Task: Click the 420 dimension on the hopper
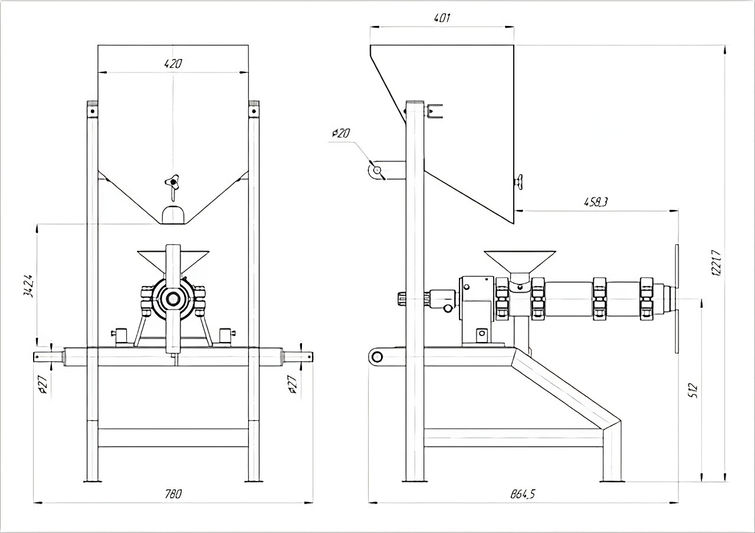(x=173, y=64)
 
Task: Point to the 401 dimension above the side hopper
(x=442, y=18)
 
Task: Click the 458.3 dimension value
(x=596, y=202)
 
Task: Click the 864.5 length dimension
(x=523, y=494)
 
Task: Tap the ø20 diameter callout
(x=340, y=133)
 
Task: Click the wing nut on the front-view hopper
(x=172, y=182)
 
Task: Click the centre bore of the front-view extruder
(x=173, y=299)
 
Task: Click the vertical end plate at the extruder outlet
(x=677, y=300)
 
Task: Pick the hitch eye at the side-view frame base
(x=376, y=356)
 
